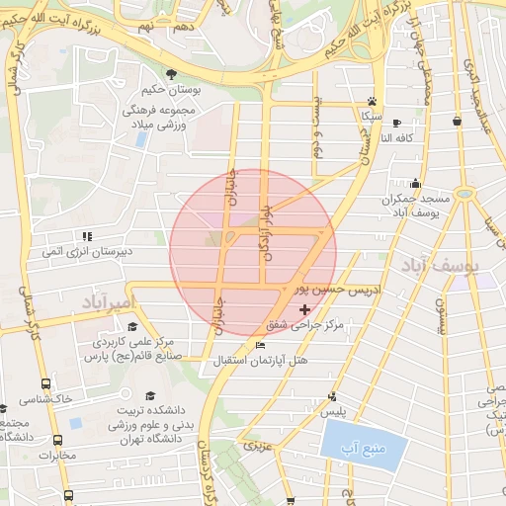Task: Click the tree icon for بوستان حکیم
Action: pos(172,75)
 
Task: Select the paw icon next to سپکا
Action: pos(372,101)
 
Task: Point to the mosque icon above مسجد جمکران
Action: pos(416,183)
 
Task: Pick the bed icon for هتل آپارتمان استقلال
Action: pos(260,345)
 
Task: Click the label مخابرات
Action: pos(57,456)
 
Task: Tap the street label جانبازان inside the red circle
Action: pos(234,187)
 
